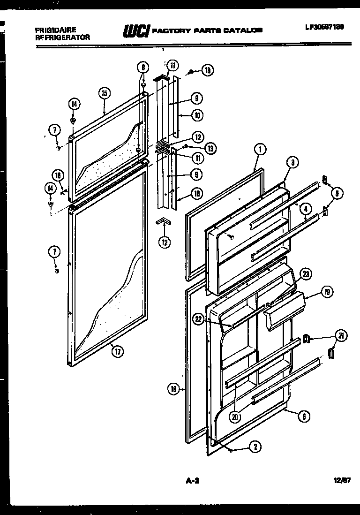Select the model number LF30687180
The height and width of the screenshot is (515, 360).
324,27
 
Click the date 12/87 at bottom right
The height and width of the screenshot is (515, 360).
342,480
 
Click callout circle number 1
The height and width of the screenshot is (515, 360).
260,150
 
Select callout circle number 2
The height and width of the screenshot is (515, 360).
255,447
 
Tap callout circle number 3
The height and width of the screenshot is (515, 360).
292,163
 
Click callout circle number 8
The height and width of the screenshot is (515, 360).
144,67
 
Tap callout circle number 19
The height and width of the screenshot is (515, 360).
327,292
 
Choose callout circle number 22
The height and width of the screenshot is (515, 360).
199,319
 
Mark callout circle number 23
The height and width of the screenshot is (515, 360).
306,275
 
